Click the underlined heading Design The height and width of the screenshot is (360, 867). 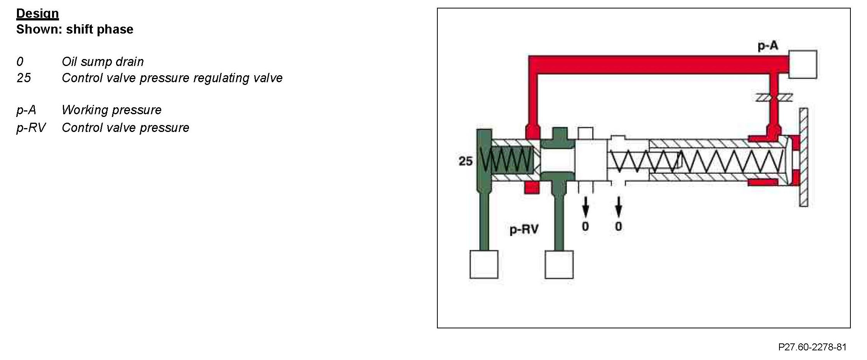(x=37, y=14)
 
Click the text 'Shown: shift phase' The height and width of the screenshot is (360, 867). (x=74, y=29)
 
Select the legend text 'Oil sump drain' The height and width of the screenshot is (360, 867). (x=103, y=62)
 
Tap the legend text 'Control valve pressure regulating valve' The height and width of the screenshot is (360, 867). (x=172, y=78)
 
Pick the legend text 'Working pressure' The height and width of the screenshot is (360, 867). (x=111, y=110)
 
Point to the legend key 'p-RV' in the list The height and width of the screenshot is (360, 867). (x=31, y=128)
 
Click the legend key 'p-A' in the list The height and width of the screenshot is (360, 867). (x=26, y=110)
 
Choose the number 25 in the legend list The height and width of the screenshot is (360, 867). (x=24, y=78)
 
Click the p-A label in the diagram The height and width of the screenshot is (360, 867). (x=768, y=46)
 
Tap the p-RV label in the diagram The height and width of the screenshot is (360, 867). (x=524, y=230)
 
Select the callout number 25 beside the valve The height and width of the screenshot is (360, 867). (x=466, y=161)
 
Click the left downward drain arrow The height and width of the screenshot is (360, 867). (x=585, y=206)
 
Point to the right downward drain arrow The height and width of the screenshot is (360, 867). (x=619, y=206)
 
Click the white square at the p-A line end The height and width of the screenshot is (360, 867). (x=803, y=64)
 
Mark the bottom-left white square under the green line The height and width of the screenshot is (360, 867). (x=484, y=264)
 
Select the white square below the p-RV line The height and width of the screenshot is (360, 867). (x=559, y=264)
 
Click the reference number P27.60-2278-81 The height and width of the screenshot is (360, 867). (x=812, y=347)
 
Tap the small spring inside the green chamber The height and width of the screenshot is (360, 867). (x=505, y=160)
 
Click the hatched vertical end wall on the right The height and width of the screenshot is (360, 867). (x=803, y=157)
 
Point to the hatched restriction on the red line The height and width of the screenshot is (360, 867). (x=774, y=98)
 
